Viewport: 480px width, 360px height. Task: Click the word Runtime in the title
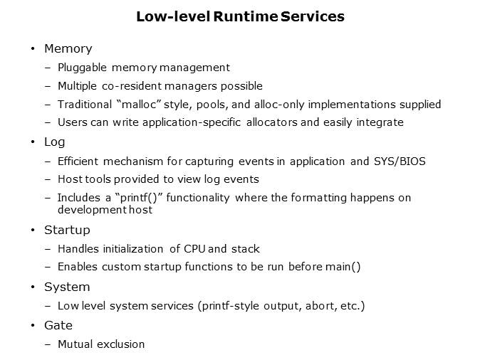click(239, 16)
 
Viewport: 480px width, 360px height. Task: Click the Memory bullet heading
click(68, 49)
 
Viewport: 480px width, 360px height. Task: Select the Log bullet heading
click(54, 142)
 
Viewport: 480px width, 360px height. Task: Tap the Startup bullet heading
click(67, 231)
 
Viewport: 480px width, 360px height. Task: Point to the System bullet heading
click(67, 287)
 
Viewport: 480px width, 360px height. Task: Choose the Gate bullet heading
click(58, 325)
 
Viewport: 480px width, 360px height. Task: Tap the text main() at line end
click(345, 267)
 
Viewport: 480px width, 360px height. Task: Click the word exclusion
click(122, 344)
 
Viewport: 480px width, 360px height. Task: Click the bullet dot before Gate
click(33, 326)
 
